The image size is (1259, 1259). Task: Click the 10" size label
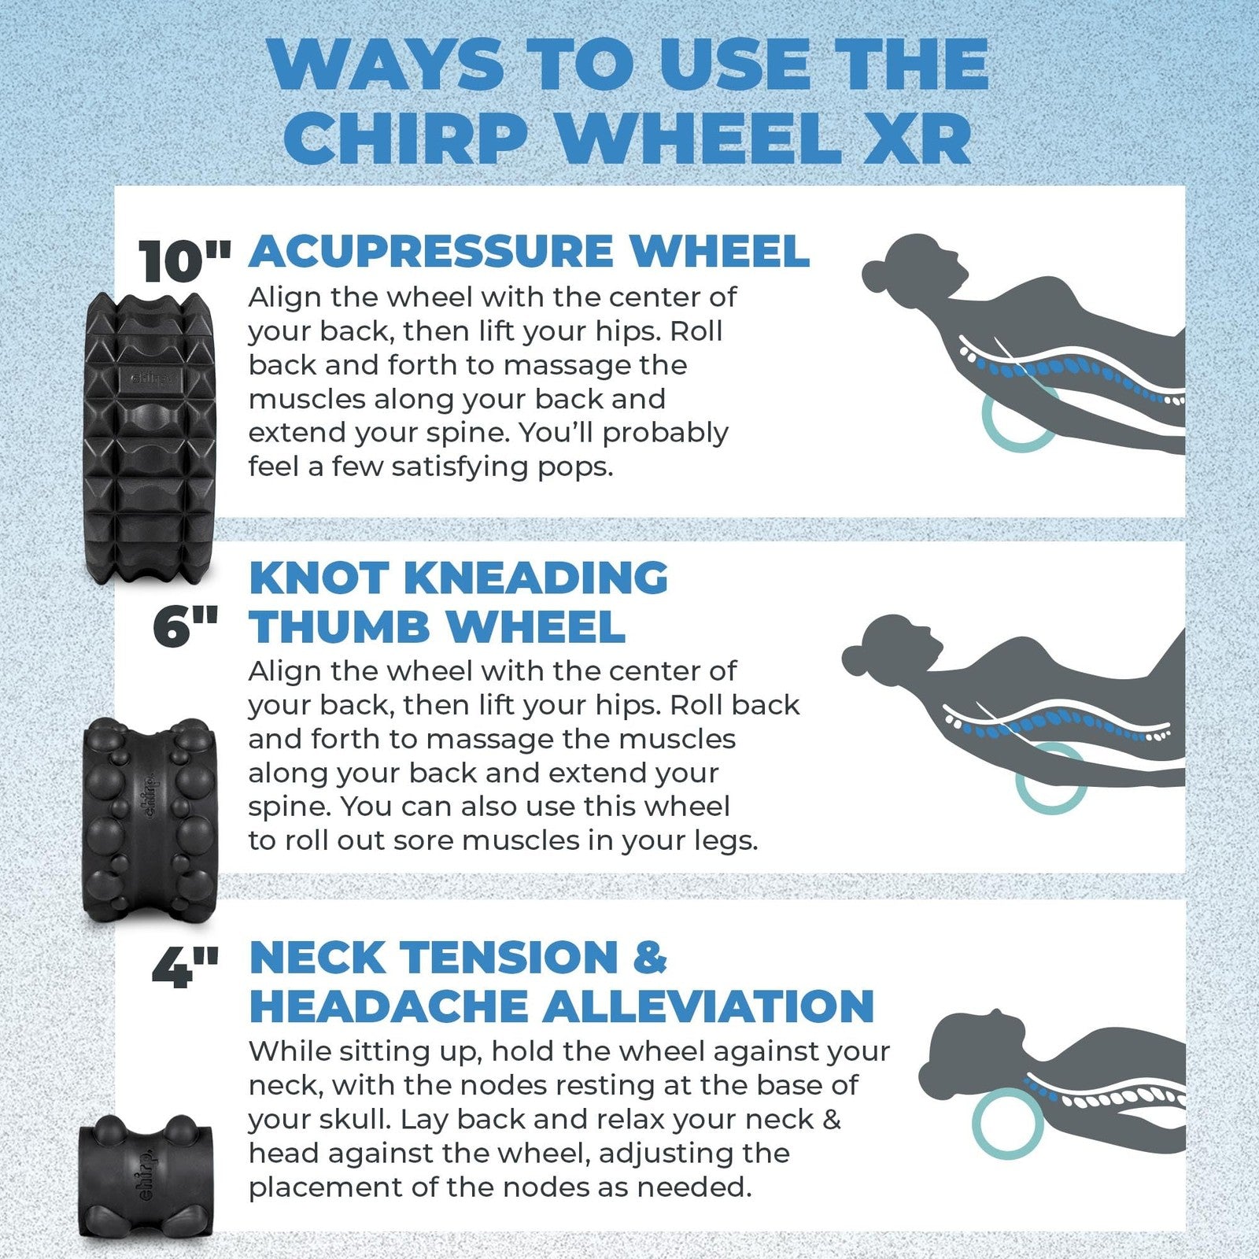click(184, 261)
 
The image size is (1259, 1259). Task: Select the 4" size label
click(185, 968)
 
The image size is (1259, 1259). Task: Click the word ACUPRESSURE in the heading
click(431, 252)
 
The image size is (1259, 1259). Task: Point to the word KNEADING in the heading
click(535, 578)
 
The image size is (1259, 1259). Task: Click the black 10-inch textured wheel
click(150, 437)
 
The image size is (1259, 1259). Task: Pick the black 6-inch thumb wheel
click(150, 818)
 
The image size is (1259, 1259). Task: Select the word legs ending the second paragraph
click(727, 841)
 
